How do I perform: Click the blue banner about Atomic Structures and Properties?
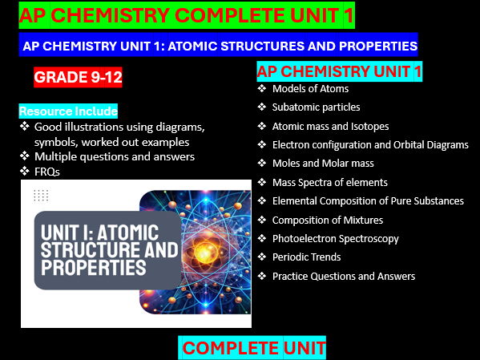pos(220,47)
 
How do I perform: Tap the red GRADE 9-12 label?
pos(78,79)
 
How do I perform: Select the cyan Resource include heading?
pos(68,111)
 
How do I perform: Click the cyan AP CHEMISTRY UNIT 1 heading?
pos(339,72)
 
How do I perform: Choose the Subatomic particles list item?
pos(316,107)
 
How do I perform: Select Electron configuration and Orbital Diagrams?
pos(369,145)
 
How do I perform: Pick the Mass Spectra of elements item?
pos(329,182)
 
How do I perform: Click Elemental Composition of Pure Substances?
pos(368,200)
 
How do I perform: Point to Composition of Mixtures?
pos(327,220)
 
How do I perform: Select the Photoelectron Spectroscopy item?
pos(335,238)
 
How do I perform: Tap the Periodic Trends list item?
pos(306,257)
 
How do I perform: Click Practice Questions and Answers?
pos(343,276)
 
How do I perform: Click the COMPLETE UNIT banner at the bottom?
pos(253,348)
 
